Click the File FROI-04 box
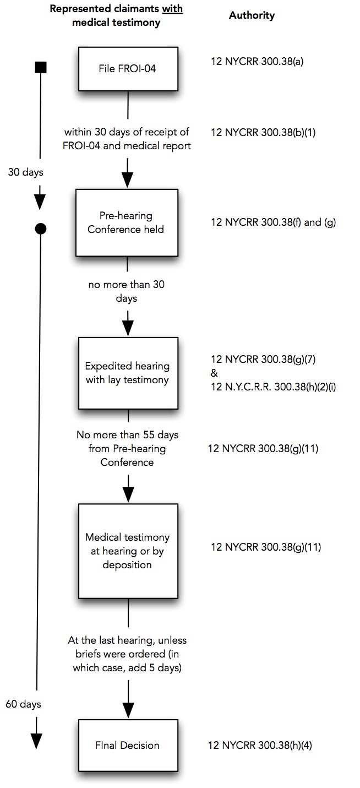[127, 69]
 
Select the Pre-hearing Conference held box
[126, 222]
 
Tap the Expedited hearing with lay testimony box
[127, 372]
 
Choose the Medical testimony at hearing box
[127, 550]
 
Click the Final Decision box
[127, 745]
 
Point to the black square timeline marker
[40, 68]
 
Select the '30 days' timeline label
[25, 172]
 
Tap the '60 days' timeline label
[24, 703]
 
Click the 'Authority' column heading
[252, 15]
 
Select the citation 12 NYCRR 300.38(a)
[257, 61]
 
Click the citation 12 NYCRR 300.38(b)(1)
[263, 132]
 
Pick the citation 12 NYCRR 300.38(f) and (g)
[273, 222]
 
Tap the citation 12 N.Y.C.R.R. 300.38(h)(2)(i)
[273, 387]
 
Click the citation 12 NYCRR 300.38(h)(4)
[260, 746]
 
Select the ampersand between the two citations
[214, 373]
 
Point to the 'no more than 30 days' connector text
[127, 291]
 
